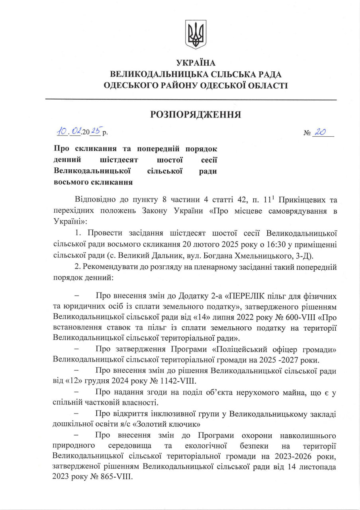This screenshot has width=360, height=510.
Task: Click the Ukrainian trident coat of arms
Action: coord(196,34)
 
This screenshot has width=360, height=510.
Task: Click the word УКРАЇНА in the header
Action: coord(196,63)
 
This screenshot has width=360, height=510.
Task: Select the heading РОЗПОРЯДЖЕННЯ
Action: coord(196,115)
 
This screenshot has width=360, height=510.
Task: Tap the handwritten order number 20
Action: coord(321,132)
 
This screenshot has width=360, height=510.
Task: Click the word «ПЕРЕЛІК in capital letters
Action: coord(237,297)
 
